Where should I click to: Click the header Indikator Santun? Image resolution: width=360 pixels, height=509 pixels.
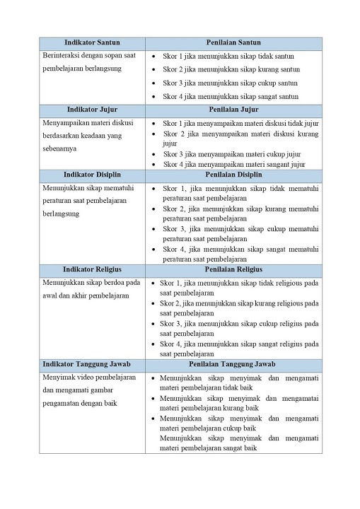[x=92, y=43]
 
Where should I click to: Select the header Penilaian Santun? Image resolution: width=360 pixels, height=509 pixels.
[x=233, y=43]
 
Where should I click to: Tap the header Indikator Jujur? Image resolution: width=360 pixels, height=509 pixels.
[x=92, y=110]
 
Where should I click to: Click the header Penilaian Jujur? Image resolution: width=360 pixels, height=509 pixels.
[x=233, y=110]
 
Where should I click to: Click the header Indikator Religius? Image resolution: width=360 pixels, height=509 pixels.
[x=92, y=269]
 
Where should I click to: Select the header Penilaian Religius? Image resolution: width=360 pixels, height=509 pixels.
[x=233, y=269]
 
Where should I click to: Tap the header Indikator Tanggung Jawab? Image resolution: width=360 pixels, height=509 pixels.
[x=92, y=364]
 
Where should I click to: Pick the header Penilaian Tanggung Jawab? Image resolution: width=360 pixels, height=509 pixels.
[x=233, y=364]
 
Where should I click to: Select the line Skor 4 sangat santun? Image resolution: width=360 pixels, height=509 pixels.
[x=231, y=96]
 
